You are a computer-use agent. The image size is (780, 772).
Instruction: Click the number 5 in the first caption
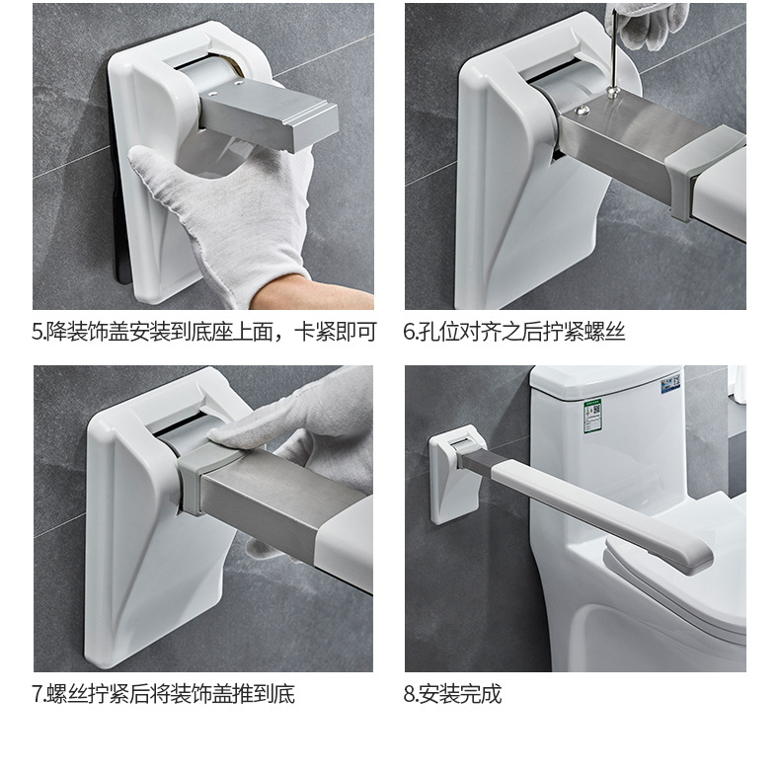pyautogui.click(x=38, y=333)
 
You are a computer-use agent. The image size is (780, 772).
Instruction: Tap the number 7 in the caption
pyautogui.click(x=38, y=694)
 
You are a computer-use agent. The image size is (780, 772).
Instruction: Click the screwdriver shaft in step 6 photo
pyautogui.click(x=615, y=49)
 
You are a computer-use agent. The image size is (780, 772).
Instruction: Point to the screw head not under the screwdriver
pyautogui.click(x=582, y=110)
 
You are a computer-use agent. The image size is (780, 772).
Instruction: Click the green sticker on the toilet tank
pyautogui.click(x=592, y=415)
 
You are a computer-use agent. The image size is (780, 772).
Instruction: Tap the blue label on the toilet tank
pyautogui.click(x=670, y=383)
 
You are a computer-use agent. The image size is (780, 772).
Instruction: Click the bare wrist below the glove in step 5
pyautogui.click(x=318, y=293)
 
